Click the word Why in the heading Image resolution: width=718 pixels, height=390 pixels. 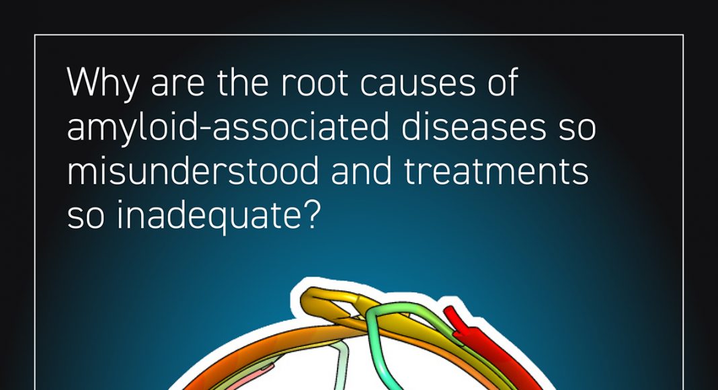coord(103,83)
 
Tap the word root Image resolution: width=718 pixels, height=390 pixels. coord(315,83)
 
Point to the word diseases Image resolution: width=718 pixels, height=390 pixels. coord(474,127)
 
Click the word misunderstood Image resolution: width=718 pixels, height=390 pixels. coord(193,171)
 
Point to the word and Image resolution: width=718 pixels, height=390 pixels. coord(361,171)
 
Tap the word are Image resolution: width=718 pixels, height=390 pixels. coord(177,85)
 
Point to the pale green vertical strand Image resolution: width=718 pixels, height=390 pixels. coord(341,366)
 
